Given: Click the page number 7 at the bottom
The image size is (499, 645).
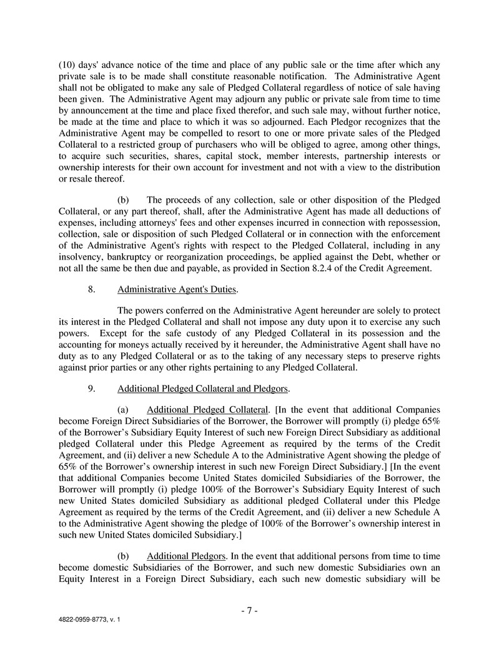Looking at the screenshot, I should point(249,611).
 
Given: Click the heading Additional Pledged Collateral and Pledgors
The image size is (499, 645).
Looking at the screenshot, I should point(202,389).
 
